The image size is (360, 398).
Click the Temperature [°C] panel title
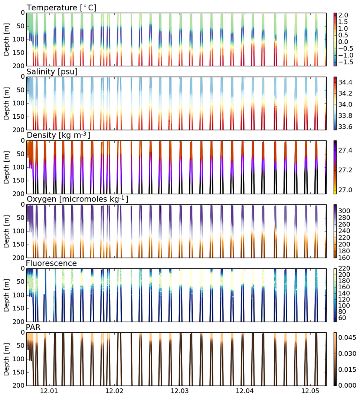click(x=61, y=7)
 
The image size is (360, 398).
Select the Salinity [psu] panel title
click(x=52, y=72)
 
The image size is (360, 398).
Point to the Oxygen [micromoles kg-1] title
click(x=77, y=199)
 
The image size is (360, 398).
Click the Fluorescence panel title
click(x=51, y=263)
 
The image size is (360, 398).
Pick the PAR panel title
click(x=33, y=327)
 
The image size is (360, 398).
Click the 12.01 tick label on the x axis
click(x=49, y=391)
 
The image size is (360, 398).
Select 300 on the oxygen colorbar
click(x=343, y=210)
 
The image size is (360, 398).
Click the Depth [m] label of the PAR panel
click(x=6, y=359)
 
